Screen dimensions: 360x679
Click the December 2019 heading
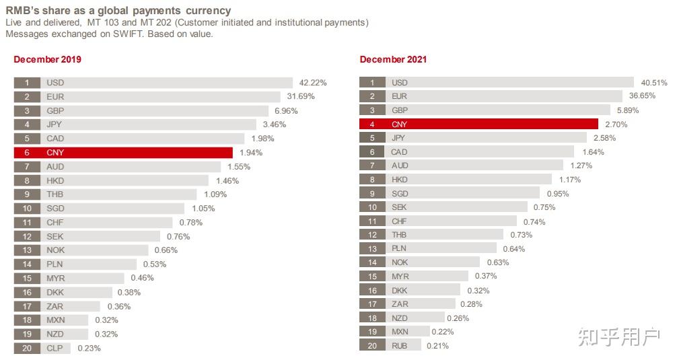tap(47, 59)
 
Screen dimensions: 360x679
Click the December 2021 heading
tap(393, 59)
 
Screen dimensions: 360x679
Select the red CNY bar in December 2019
tap(135, 153)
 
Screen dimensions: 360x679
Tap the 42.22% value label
tap(313, 83)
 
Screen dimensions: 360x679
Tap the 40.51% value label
tap(654, 83)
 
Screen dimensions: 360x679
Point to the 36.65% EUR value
tap(642, 96)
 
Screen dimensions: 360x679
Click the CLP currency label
tap(55, 348)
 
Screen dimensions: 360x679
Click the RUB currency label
tap(400, 346)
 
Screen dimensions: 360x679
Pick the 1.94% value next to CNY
tap(251, 153)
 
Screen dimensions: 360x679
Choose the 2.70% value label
tap(616, 124)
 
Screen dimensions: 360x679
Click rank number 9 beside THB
tap(28, 194)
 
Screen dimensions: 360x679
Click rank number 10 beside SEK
tap(372, 207)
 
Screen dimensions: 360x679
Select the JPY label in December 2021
tap(399, 138)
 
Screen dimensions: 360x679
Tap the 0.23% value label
tap(89, 348)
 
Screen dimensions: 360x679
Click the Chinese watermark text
tap(618, 337)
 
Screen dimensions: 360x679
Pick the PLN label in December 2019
tap(55, 264)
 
